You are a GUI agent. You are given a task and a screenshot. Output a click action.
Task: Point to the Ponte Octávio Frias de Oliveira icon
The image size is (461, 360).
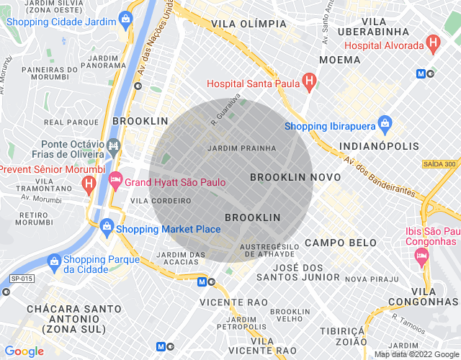point(114,146)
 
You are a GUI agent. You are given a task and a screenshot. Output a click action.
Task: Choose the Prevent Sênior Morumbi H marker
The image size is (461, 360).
point(89,184)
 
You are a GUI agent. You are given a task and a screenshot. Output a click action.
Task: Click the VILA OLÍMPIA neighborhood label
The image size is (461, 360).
point(249,24)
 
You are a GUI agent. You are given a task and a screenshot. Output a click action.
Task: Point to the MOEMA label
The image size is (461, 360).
point(340,60)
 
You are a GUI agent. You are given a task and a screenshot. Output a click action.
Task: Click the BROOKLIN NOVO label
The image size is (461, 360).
point(285,176)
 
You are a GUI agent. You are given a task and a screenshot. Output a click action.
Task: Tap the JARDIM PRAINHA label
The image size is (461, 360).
point(241,148)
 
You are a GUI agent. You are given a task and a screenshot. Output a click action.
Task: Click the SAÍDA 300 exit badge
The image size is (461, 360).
point(439,164)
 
